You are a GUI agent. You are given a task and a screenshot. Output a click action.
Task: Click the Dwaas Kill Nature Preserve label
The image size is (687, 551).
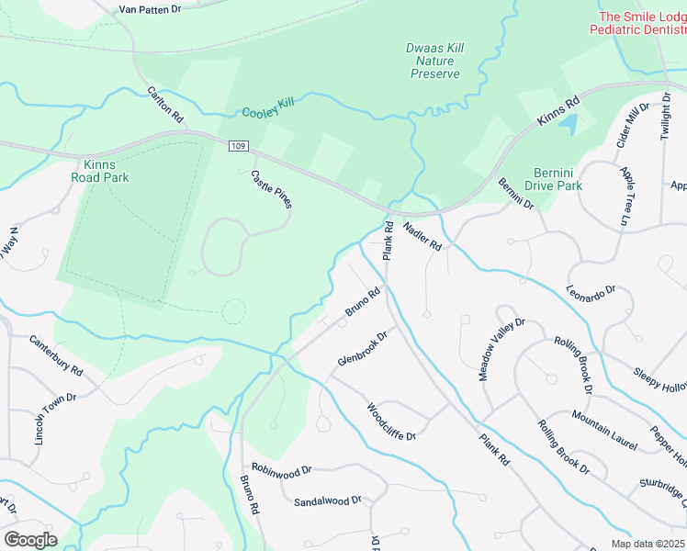433,61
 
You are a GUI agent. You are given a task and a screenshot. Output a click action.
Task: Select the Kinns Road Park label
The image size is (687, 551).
100,171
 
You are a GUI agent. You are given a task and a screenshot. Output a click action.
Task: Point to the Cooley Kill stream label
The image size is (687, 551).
267,108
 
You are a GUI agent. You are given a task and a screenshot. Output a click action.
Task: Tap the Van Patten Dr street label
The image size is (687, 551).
151,9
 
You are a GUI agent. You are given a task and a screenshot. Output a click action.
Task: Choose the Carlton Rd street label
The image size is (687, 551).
166,106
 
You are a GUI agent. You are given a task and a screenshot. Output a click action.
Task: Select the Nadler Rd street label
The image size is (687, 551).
422,235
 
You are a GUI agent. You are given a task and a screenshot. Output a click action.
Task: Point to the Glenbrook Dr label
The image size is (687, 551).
363,349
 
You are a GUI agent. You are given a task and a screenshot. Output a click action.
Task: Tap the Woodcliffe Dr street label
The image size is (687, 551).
392,422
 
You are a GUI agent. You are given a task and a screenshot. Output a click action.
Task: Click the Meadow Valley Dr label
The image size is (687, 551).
501,350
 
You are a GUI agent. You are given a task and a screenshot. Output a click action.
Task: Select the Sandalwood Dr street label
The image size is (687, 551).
328,501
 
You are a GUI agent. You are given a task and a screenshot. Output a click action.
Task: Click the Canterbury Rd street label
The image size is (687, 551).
56,356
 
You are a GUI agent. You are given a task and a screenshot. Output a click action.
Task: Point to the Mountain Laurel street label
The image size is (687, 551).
603,430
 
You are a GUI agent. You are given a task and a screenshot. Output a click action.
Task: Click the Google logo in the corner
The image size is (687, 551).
30,539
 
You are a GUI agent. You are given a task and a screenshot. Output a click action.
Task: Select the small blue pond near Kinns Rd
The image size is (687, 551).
569,120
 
